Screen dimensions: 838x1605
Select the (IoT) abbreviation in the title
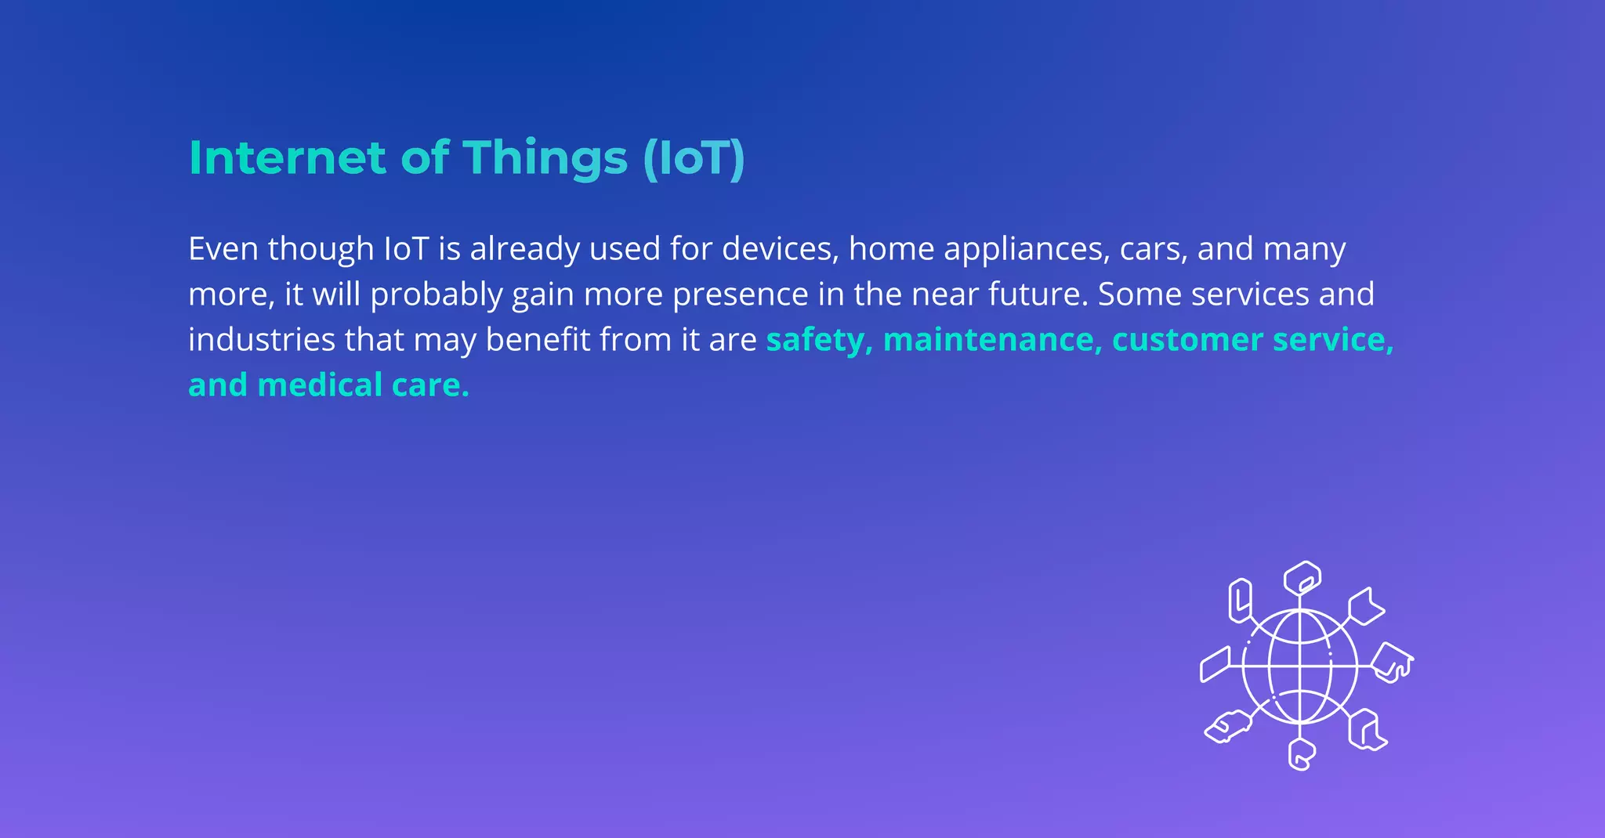[x=694, y=159]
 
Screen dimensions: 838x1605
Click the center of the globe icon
[x=1300, y=666]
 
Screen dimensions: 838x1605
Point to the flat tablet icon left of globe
[x=1216, y=664]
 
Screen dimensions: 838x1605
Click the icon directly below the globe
[x=1301, y=754]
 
